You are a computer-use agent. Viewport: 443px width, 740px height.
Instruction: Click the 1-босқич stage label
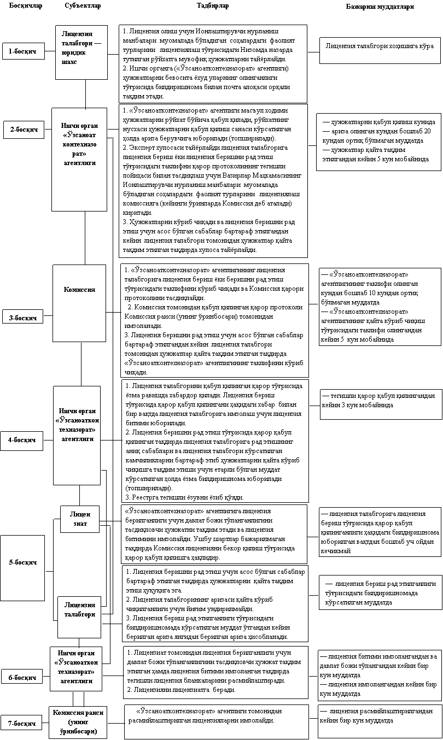(x=22, y=51)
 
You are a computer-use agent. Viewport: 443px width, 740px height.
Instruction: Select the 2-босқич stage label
(x=24, y=130)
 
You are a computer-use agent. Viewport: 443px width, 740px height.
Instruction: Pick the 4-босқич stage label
(x=22, y=439)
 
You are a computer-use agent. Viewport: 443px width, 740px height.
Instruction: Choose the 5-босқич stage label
(x=22, y=562)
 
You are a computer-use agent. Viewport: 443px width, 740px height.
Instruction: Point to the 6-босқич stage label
(x=22, y=678)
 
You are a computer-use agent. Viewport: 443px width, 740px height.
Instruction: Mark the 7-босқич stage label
(x=22, y=724)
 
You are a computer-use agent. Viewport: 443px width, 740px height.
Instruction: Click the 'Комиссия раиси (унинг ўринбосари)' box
(x=78, y=721)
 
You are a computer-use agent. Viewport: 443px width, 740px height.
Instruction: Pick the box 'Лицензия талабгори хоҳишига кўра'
(x=380, y=46)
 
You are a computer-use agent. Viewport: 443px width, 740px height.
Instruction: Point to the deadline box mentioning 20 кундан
(x=380, y=141)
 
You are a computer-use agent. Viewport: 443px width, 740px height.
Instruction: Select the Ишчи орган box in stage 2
(x=79, y=158)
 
